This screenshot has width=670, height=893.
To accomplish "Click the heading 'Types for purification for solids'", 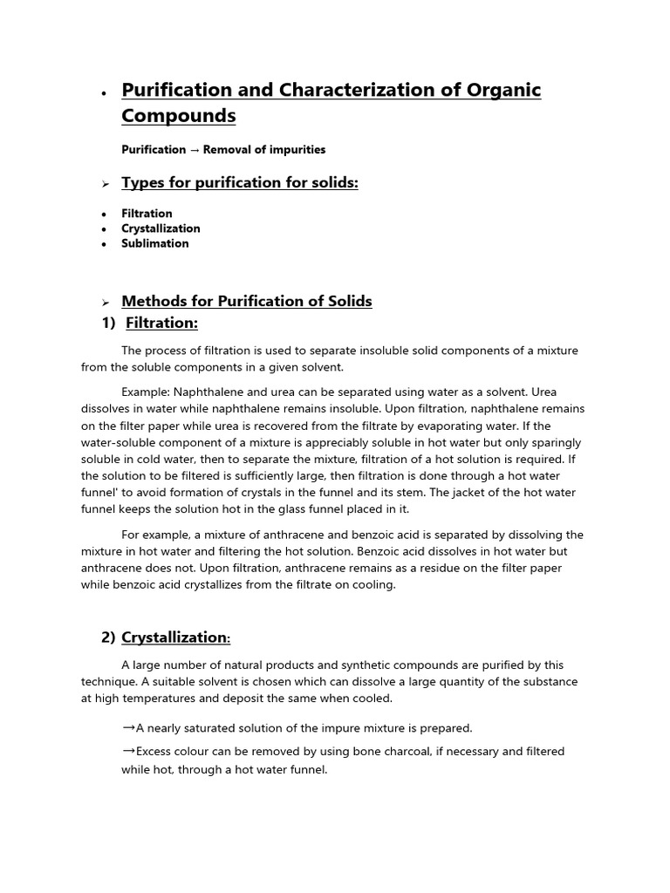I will click(240, 182).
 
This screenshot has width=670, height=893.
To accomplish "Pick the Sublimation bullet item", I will click(155, 243).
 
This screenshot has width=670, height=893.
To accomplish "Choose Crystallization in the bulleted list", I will click(161, 228).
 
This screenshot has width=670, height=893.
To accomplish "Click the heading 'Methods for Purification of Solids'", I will click(247, 301).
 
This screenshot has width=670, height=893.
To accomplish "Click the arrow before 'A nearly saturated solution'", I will click(128, 726).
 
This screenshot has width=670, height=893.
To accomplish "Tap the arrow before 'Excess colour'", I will click(128, 750).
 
